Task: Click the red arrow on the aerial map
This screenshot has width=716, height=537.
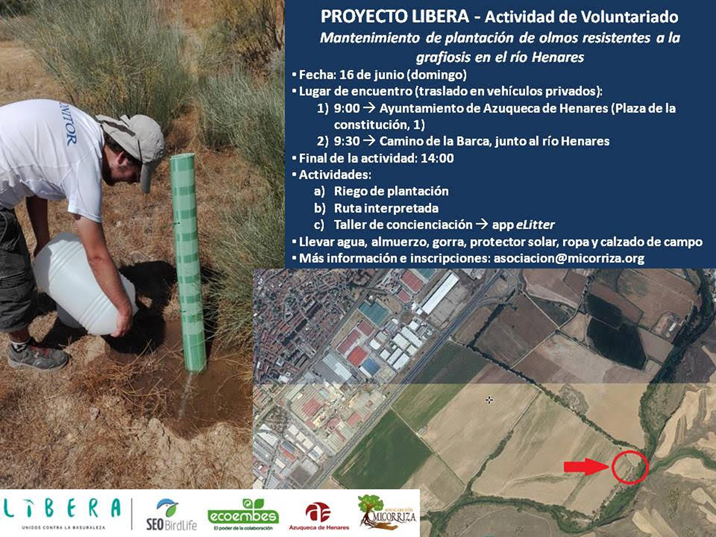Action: click(x=586, y=467)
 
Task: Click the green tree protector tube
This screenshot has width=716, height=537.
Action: click(x=188, y=263)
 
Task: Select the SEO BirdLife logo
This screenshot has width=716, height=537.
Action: click(x=171, y=514)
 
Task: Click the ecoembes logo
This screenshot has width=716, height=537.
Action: click(x=243, y=514)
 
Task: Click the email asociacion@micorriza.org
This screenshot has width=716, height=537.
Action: click(x=569, y=258)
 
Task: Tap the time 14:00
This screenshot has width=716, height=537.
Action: click(x=437, y=158)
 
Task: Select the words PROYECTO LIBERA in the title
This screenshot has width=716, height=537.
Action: click(x=395, y=17)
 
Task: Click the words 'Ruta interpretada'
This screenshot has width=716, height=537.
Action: click(x=386, y=208)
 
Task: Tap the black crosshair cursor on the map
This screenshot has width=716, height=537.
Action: click(x=489, y=400)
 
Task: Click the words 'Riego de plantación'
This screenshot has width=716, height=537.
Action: click(x=391, y=191)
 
